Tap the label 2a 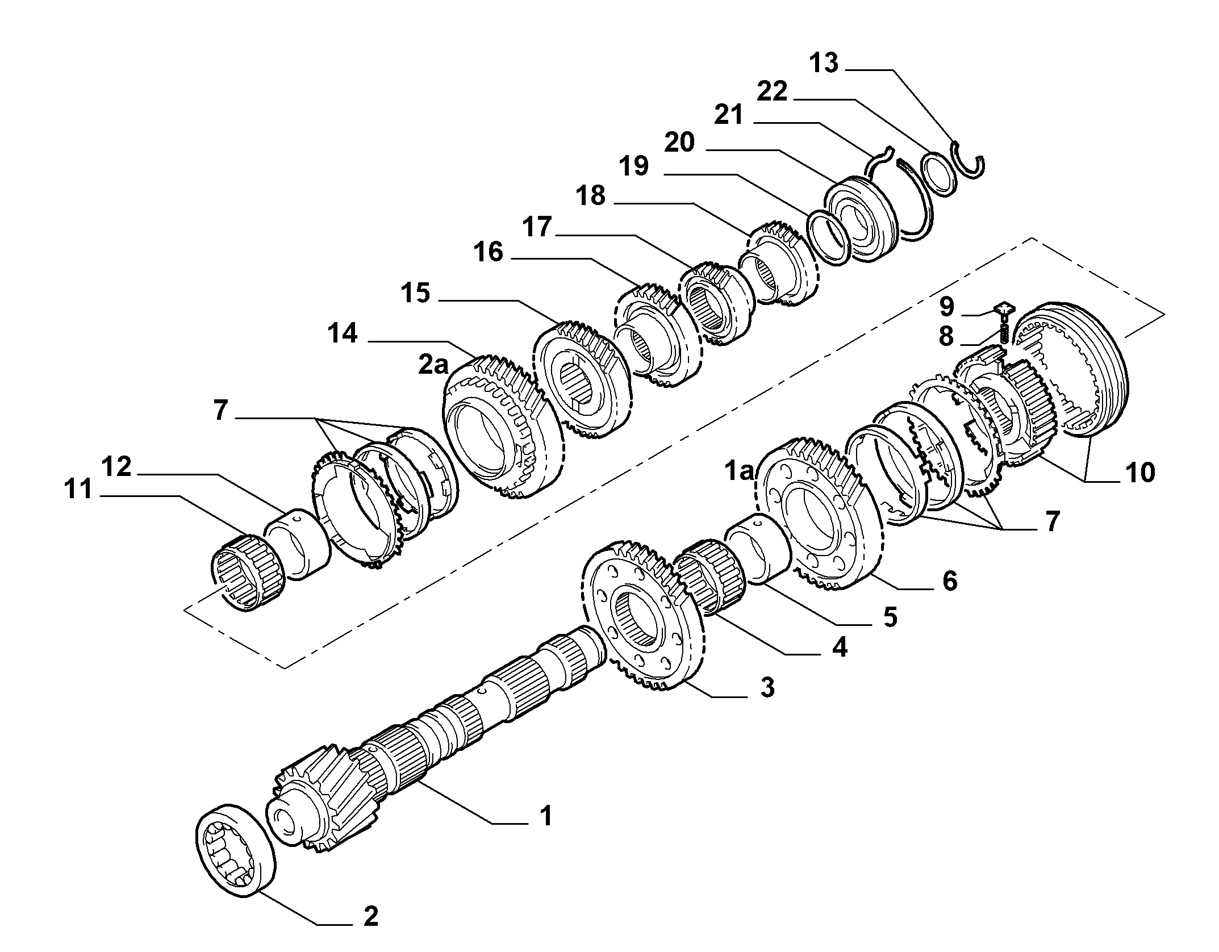[433, 365]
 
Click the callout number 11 [78, 490]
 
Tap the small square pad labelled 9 [1001, 310]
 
